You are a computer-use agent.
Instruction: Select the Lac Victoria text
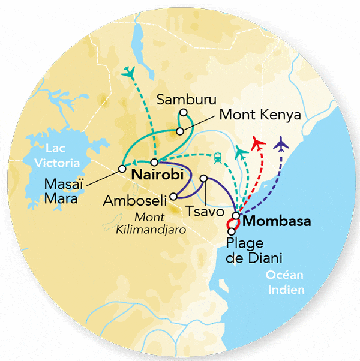(58, 154)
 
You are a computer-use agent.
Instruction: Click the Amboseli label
(138, 200)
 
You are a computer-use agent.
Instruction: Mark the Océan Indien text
(286, 282)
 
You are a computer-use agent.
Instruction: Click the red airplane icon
(258, 143)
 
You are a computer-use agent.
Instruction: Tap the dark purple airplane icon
(280, 144)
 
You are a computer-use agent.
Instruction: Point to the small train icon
(217, 158)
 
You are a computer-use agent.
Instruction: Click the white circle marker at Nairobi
(154, 163)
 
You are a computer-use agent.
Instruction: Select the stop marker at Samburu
(184, 112)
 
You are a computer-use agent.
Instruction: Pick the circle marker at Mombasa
(236, 216)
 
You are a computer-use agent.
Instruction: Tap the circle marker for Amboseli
(173, 195)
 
